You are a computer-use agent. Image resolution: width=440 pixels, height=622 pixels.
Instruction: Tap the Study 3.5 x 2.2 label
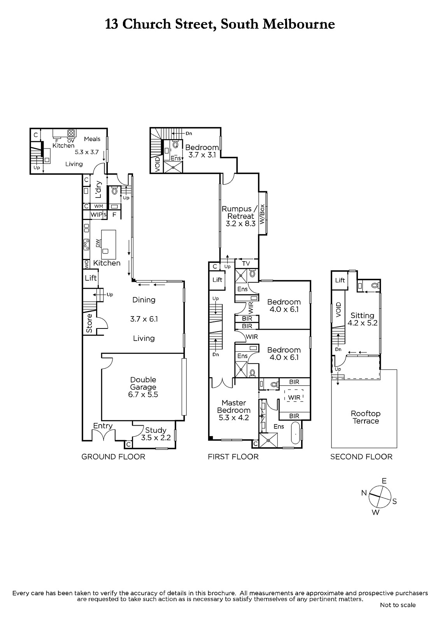coord(156,434)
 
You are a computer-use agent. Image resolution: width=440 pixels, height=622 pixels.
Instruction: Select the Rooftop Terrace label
coord(366,418)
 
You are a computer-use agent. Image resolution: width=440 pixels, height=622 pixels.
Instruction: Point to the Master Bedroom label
coord(234,407)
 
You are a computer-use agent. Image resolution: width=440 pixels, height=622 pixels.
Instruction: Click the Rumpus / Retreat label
coord(238,212)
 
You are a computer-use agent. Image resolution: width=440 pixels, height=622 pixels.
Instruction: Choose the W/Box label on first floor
coord(262,214)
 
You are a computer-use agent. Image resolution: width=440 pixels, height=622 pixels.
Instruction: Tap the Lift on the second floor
coord(340,280)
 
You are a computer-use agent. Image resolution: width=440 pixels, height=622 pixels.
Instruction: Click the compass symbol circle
coord(380,496)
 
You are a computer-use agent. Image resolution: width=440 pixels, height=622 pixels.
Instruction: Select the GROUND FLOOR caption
coord(113,457)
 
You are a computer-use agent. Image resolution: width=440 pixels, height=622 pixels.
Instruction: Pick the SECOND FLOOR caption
coord(361,457)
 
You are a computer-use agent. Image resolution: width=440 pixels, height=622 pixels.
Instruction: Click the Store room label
coord(89,323)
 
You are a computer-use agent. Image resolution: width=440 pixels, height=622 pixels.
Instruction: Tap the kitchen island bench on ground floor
coord(109,245)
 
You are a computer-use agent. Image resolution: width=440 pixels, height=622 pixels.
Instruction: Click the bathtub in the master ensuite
coord(295,433)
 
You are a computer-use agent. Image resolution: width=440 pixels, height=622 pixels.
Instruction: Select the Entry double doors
coord(103,435)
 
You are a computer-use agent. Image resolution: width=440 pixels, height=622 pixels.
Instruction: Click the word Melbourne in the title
coord(298,24)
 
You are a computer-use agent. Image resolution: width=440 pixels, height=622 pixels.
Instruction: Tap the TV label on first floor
coord(246,263)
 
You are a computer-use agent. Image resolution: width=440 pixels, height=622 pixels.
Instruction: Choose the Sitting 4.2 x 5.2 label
coord(363,319)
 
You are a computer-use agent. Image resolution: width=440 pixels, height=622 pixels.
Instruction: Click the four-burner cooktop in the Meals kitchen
coord(71,133)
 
